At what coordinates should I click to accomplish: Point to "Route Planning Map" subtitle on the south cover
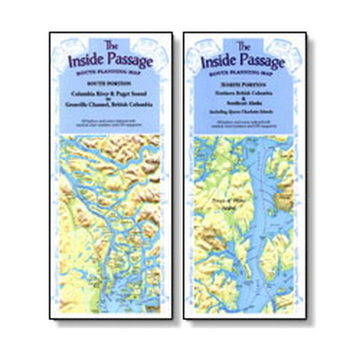coord(110,72)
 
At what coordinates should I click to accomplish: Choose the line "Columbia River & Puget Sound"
coord(110,93)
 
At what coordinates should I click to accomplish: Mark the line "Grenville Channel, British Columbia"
coord(110,104)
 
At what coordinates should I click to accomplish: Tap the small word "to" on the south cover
coord(110,99)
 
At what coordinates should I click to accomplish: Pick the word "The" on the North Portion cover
coord(243,45)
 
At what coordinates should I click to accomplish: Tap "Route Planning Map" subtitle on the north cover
coord(243,72)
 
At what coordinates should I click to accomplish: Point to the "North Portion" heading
coord(243,83)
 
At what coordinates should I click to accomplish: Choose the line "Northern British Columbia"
coord(243,91)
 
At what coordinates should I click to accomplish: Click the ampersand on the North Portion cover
coord(243,96)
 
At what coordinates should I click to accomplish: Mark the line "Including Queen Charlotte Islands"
coord(243,109)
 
